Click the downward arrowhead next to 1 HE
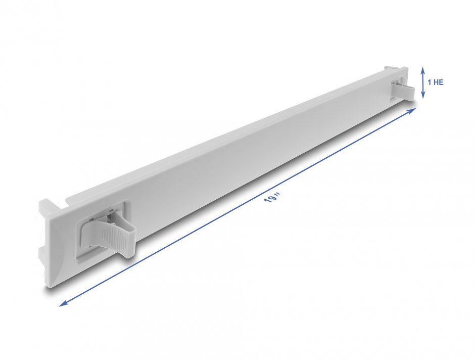point(423,95)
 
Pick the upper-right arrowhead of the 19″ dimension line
point(413,110)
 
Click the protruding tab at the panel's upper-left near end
point(45,207)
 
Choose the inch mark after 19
point(277,194)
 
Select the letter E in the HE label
point(441,82)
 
